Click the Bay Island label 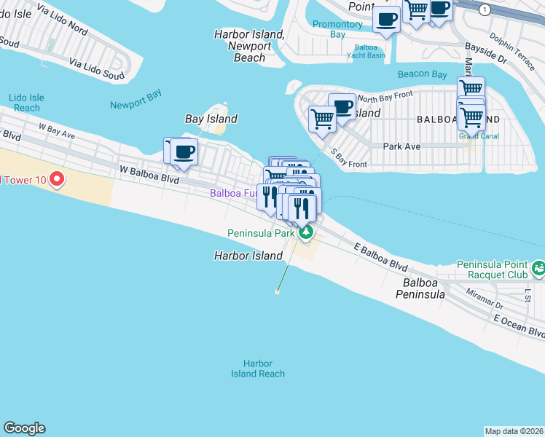pos(211,119)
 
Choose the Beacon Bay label pos(422,74)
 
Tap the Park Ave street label pos(401,146)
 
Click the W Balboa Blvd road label pos(149,174)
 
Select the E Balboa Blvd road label pos(380,257)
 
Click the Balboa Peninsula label pos(420,288)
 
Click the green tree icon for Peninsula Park pos(307,233)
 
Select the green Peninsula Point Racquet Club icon pos(538,269)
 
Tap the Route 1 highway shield pos(485,9)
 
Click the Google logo pos(24,429)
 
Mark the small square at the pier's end pos(277,292)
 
